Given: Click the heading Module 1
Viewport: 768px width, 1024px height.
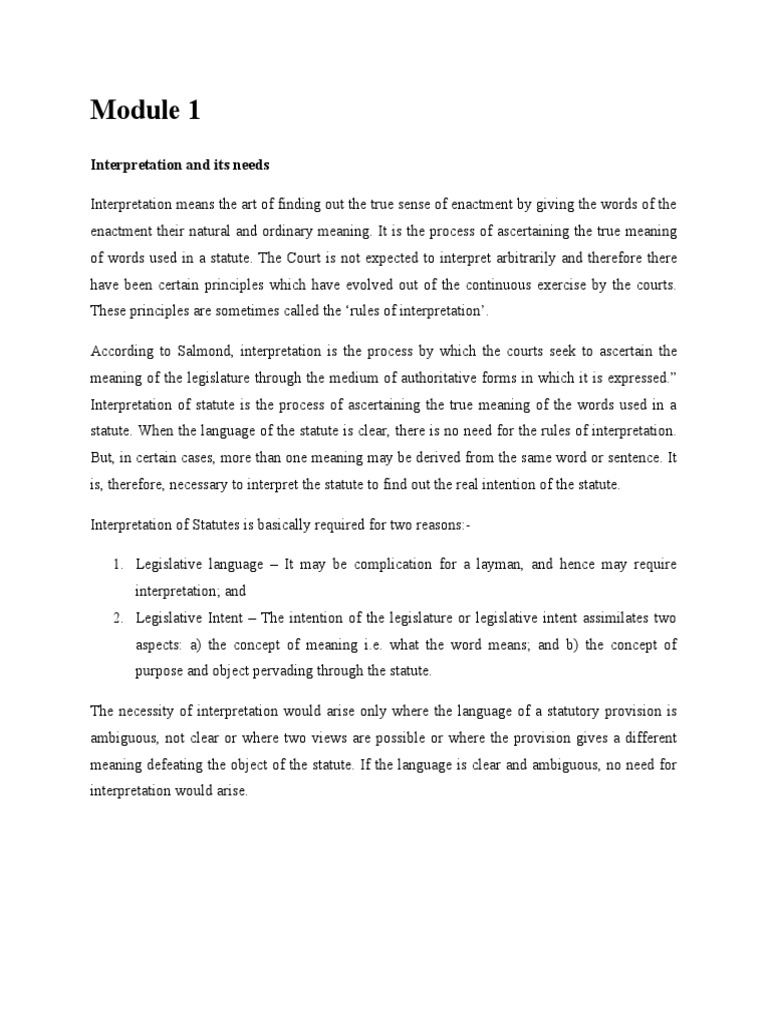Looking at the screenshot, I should click(145, 111).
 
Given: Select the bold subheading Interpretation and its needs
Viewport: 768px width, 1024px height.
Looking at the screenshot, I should click(180, 164).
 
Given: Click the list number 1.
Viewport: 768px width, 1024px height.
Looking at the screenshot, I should click(117, 565).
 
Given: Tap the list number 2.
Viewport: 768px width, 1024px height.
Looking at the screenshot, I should click(117, 617).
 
